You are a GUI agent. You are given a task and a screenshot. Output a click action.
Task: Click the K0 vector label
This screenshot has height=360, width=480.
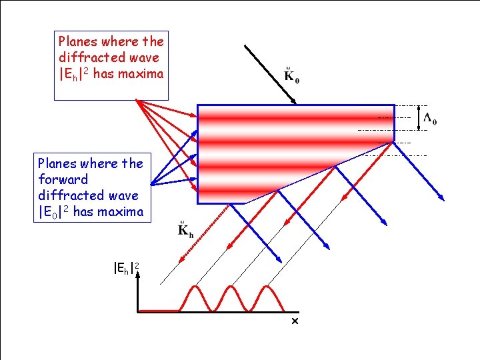coord(291,75)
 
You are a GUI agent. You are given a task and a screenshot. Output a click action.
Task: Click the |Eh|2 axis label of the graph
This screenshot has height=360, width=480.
coord(126,269)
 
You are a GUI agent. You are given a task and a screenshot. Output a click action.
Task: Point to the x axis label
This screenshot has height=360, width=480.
coord(294,321)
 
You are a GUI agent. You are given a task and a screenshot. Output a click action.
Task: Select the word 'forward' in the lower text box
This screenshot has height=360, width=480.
coord(63,179)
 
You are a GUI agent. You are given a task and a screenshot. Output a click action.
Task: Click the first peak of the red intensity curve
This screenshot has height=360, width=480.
coord(195,287)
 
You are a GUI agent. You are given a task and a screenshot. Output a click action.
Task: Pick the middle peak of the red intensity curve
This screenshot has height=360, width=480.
coord(231,287)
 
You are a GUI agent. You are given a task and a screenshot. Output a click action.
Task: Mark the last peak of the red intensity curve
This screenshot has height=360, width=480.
coord(267,287)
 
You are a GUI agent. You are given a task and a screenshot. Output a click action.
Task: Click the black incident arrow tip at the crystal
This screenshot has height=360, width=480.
coord(295,103)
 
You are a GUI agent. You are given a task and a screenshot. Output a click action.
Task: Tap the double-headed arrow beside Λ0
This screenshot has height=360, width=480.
coord(419,117)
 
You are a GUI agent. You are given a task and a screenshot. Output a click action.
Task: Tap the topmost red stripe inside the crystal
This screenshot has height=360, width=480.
coord(296,117)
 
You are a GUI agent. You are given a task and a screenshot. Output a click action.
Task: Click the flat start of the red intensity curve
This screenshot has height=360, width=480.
coord(160,311)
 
